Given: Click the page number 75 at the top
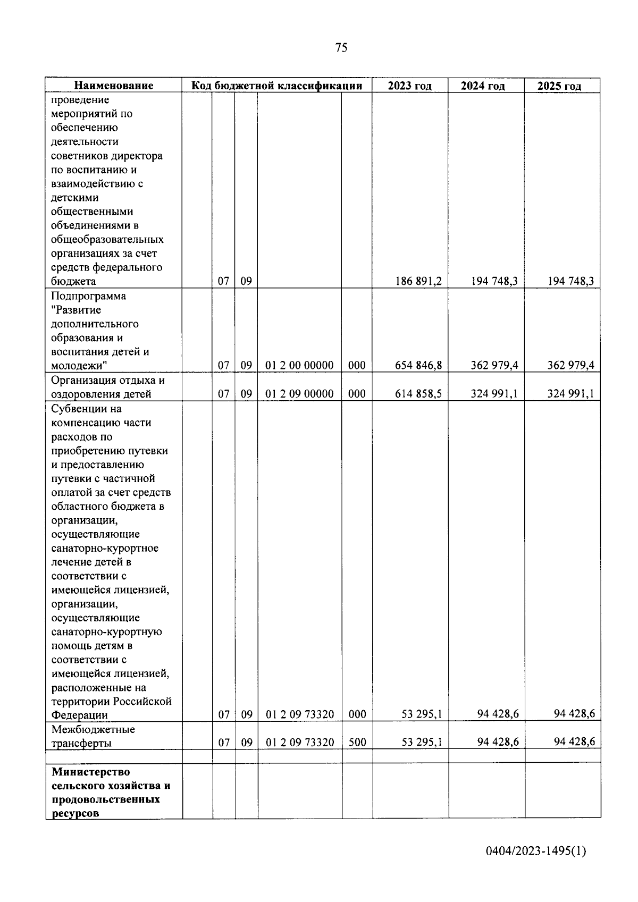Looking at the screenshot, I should click(x=341, y=48).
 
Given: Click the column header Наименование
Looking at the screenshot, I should click(x=113, y=86).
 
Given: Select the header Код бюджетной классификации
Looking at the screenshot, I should click(x=276, y=86).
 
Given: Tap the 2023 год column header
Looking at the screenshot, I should click(x=409, y=86).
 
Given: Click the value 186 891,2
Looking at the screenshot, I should click(x=418, y=281).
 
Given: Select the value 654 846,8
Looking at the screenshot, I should click(x=418, y=365).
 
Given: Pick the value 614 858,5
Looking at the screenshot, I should click(x=418, y=394).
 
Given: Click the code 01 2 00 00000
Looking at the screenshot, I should click(x=299, y=365).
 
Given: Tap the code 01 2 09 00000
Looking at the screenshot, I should click(x=299, y=394).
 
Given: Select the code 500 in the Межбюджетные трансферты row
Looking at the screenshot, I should click(x=357, y=743).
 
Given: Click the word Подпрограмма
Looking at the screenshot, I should click(x=89, y=296).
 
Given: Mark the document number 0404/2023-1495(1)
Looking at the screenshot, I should click(x=536, y=852).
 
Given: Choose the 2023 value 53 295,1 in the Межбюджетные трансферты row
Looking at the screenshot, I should click(x=422, y=742).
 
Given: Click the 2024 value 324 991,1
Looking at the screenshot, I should click(x=494, y=394).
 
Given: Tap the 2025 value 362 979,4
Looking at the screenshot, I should click(x=571, y=365).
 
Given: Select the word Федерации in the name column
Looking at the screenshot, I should click(x=79, y=715).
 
